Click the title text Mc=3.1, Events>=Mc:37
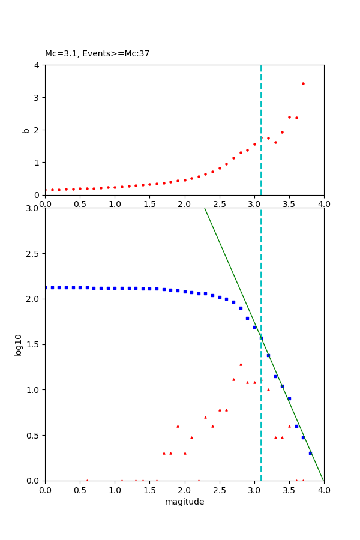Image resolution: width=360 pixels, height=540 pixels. click(97, 54)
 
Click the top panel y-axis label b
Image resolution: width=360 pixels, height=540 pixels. click(26, 130)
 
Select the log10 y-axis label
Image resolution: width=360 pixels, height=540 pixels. click(19, 345)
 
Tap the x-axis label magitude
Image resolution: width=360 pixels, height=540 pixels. click(184, 502)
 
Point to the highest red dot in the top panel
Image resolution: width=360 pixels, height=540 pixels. click(303, 83)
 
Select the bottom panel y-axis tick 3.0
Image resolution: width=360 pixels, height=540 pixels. click(32, 208)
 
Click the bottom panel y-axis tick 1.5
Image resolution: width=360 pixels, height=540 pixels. click(32, 344)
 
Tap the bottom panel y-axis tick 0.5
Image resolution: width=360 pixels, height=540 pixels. click(32, 435)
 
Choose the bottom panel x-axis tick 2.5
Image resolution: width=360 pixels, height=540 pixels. click(219, 490)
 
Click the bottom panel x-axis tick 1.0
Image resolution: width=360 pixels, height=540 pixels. click(115, 490)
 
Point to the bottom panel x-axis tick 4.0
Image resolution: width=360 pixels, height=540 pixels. click(323, 490)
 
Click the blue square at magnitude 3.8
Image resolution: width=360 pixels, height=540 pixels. click(310, 453)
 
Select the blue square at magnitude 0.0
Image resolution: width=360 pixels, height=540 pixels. click(46, 287)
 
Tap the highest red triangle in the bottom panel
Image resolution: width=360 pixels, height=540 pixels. click(241, 364)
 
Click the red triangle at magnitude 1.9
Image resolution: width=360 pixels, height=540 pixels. click(178, 426)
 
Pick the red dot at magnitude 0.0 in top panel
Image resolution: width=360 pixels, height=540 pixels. click(46, 190)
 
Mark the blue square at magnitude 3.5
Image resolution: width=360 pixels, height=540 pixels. click(289, 398)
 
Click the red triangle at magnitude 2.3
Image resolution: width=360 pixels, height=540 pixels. click(205, 417)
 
